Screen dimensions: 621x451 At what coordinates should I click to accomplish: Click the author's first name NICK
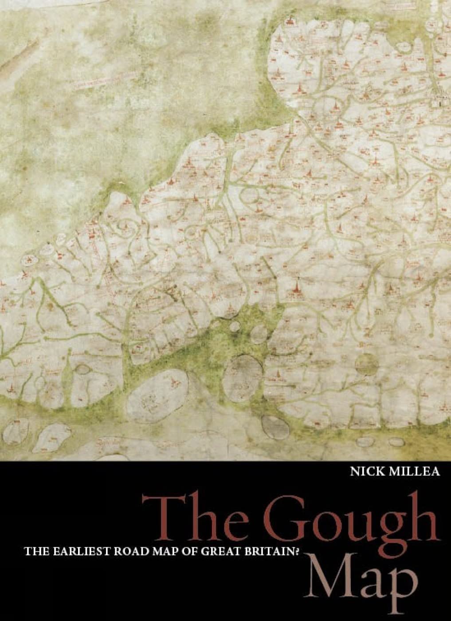[365, 471]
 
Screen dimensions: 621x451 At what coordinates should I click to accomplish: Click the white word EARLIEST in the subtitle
[78, 552]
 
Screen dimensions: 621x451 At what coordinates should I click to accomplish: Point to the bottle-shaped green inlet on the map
[67, 368]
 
